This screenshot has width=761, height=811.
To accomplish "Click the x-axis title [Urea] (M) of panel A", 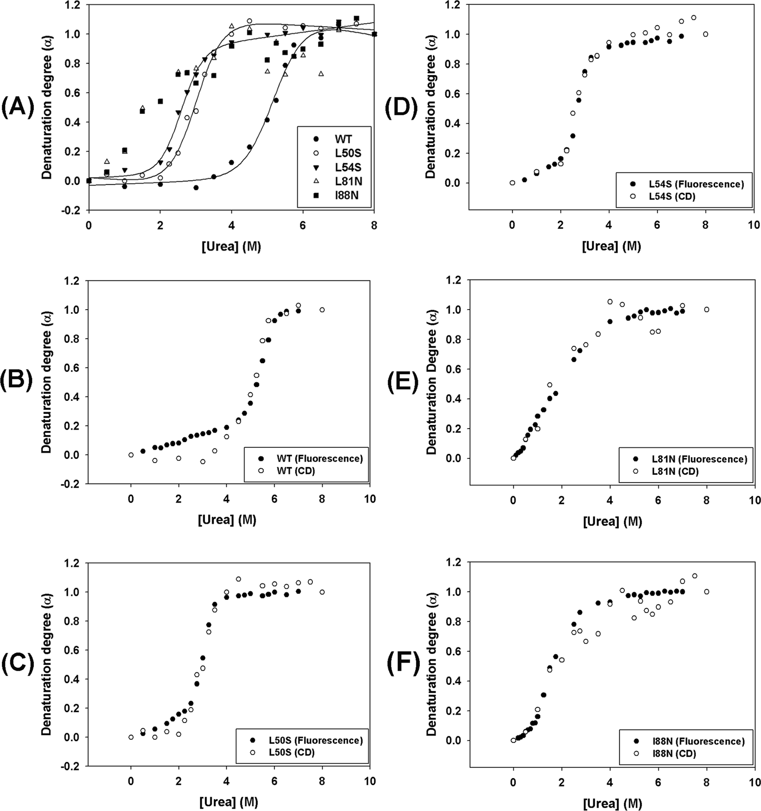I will click(x=231, y=247).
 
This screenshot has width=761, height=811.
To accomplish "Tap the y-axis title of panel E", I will click(x=432, y=369).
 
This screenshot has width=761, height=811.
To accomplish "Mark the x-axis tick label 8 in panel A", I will click(x=374, y=226).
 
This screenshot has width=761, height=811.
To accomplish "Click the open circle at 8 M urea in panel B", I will click(x=322, y=310).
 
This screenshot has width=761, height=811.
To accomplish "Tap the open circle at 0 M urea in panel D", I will click(x=512, y=183).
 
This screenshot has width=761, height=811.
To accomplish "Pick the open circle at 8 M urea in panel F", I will click(x=707, y=592).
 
